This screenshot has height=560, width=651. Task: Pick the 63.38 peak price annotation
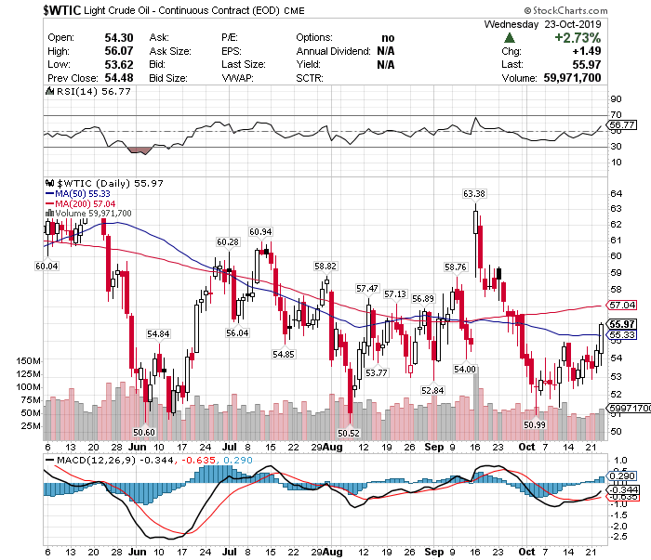click(474, 194)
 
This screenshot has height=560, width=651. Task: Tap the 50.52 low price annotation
click(348, 433)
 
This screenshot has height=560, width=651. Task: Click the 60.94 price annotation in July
click(260, 231)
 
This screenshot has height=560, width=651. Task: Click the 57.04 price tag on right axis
click(622, 305)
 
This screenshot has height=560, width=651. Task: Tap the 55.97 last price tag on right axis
click(622, 324)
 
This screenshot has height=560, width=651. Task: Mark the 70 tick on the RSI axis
click(615, 113)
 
